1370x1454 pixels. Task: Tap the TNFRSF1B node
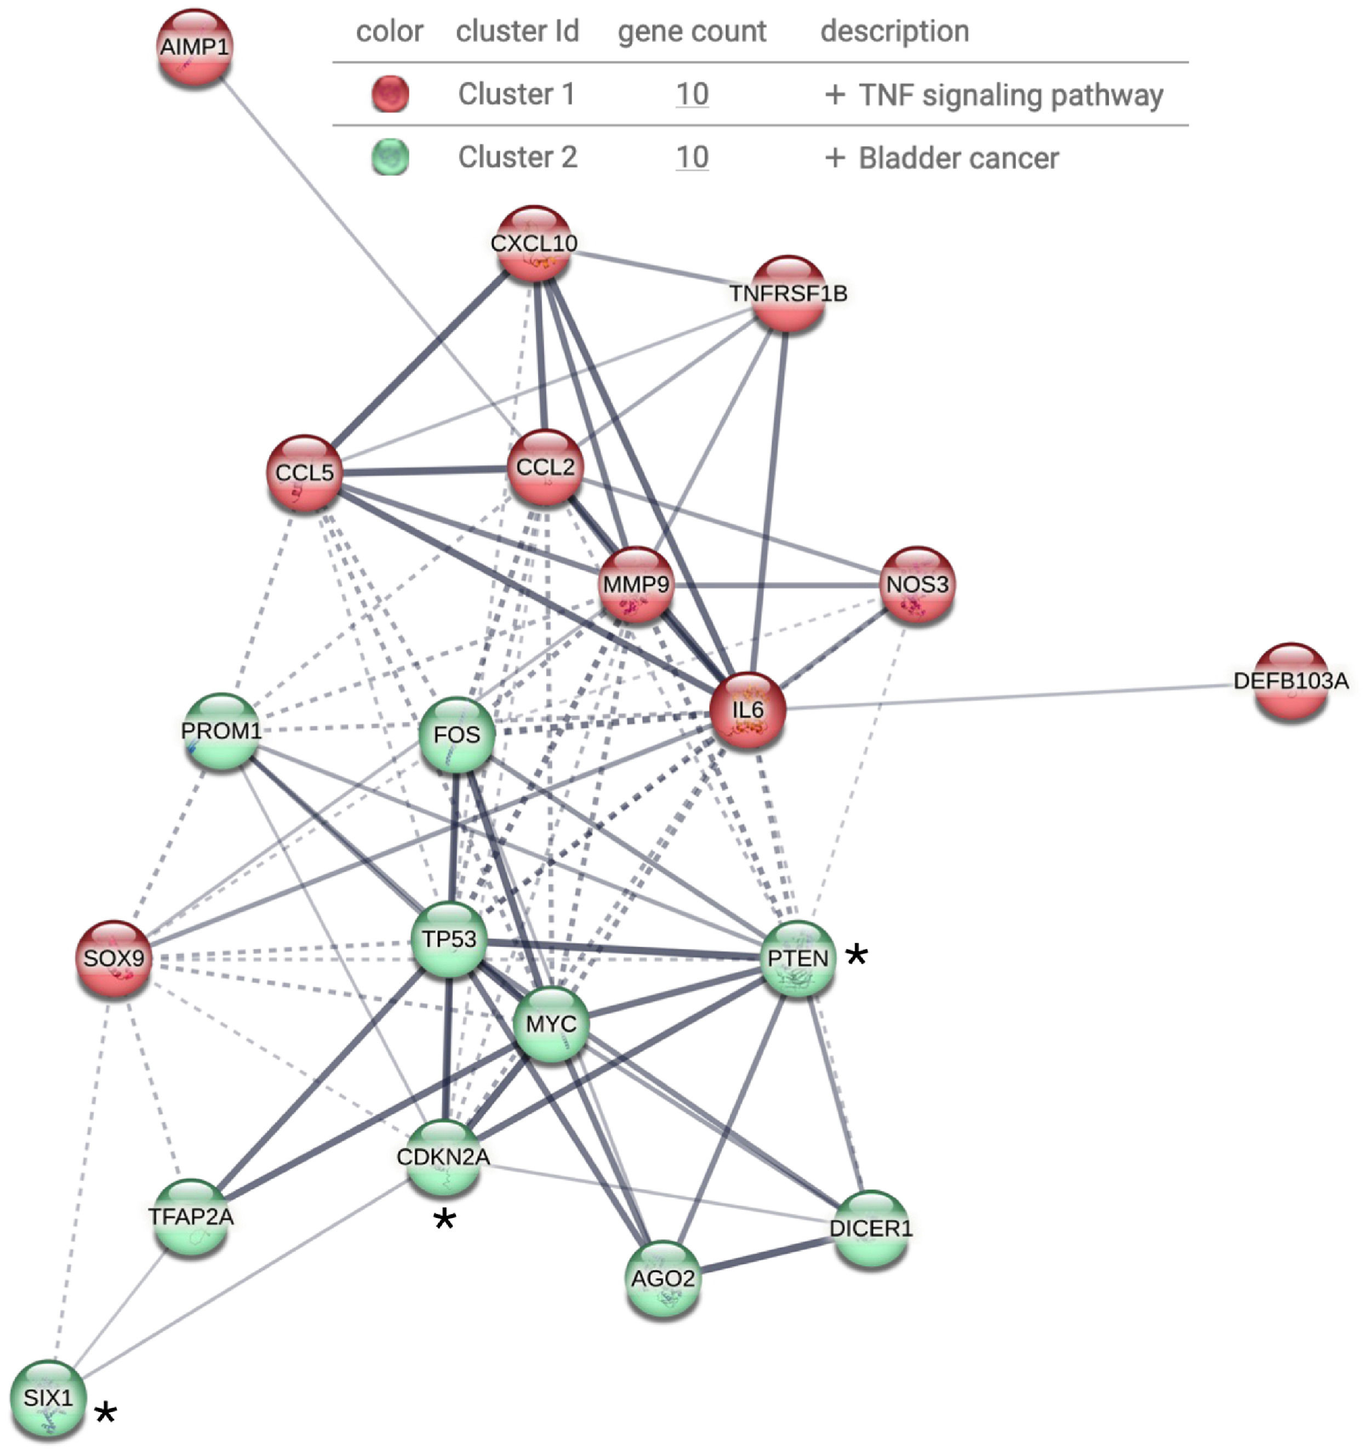[x=788, y=294]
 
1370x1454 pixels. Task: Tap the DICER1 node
[x=870, y=1229]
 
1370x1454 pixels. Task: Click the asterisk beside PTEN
[x=857, y=955]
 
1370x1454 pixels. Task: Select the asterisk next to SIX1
[x=106, y=1413]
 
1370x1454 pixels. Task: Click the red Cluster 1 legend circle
[x=390, y=94]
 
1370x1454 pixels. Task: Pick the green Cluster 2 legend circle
[x=390, y=158]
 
